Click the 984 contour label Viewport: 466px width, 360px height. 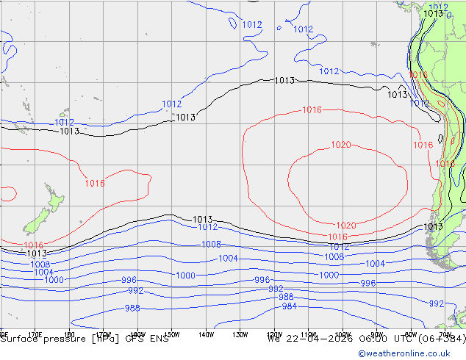point(289,306)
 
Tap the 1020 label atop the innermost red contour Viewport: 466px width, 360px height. point(340,145)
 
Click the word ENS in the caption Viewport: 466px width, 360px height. point(159,339)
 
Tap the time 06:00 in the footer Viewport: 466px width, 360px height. point(367,339)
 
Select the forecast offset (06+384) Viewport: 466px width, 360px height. point(440,339)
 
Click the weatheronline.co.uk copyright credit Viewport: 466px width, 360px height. point(411,353)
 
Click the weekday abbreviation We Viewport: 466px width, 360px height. point(274,339)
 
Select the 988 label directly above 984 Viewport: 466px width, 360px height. point(286,297)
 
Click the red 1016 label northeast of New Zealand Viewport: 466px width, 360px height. point(94,183)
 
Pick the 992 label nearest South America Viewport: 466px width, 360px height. point(436,303)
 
